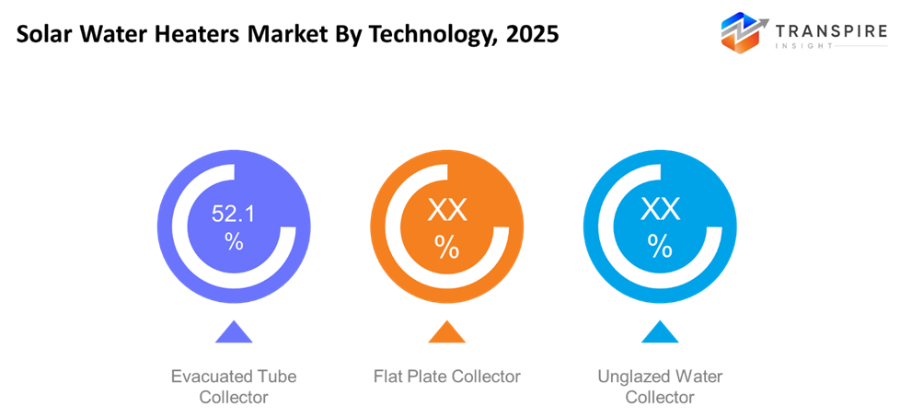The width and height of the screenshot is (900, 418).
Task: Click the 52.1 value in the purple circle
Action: pos(234,215)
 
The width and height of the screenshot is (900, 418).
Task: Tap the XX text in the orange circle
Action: pos(447,210)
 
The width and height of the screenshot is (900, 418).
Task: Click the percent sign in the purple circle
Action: pos(234,242)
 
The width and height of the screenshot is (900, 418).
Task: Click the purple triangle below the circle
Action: pos(234,331)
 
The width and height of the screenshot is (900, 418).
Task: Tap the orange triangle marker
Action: pos(446,331)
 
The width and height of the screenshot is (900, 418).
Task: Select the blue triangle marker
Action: pos(660,331)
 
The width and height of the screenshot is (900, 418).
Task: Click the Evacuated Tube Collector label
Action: pos(234,387)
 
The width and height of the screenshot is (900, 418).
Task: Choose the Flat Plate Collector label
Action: pos(447,377)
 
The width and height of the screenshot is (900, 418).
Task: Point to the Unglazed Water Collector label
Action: pos(660,387)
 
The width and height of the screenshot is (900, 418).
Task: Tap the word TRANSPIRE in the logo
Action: pos(831,32)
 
